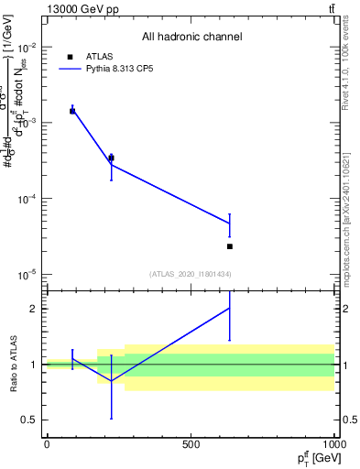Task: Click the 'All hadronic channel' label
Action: (191, 37)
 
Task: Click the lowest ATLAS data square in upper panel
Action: (230, 246)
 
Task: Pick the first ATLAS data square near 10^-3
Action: (72, 111)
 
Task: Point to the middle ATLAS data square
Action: (112, 158)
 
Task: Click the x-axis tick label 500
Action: (191, 445)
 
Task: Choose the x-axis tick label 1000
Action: (333, 445)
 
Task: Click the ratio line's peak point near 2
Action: (230, 308)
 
